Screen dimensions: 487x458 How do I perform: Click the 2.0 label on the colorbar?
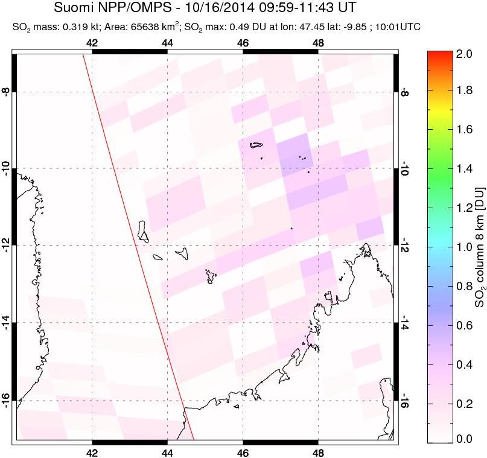(x=464, y=54)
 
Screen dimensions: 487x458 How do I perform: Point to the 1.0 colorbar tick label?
(x=464, y=247)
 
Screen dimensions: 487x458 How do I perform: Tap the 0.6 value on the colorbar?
(x=464, y=325)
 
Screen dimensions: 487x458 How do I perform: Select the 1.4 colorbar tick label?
(x=464, y=169)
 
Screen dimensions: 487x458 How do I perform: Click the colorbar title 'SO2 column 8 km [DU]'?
(x=480, y=247)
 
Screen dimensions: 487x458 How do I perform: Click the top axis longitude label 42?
(x=92, y=43)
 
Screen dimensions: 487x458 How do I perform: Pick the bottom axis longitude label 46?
(x=243, y=453)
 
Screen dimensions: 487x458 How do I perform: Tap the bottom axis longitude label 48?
(x=318, y=453)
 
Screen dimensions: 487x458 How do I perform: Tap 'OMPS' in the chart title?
(x=147, y=7)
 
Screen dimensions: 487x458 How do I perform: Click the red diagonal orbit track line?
(x=139, y=247)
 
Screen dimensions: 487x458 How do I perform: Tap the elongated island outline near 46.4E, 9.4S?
(x=256, y=144)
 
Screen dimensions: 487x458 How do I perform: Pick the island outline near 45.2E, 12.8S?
(x=211, y=276)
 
